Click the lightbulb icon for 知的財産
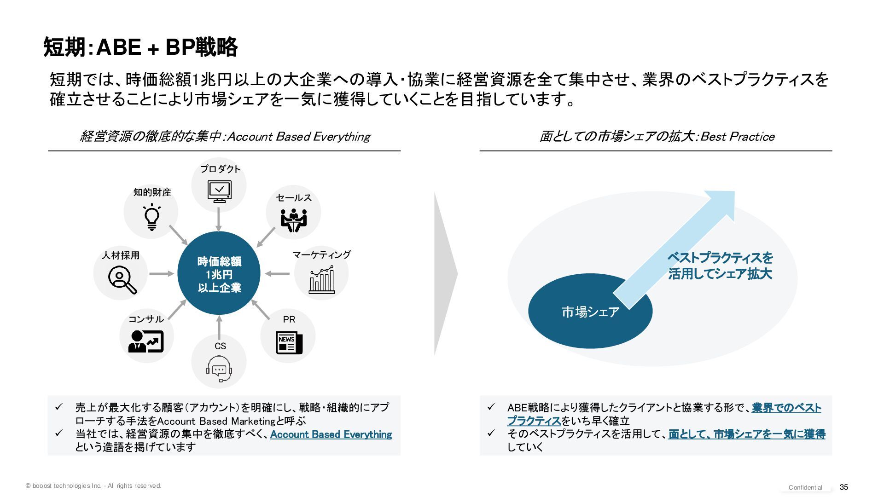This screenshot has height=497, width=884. point(151,217)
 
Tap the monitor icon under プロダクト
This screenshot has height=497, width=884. point(219,191)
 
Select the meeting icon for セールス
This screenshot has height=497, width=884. point(293,220)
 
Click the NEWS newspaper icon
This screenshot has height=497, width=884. point(289,342)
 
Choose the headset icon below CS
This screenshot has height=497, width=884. point(219,369)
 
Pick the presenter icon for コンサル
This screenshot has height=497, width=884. point(145,341)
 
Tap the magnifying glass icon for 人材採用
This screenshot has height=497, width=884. point(122,280)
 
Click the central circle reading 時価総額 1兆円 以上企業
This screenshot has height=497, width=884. point(219,274)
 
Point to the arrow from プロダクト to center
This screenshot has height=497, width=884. point(219,219)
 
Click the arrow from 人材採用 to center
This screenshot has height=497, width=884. point(162,274)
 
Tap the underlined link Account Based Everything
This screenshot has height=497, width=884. point(331,434)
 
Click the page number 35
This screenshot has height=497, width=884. point(844,487)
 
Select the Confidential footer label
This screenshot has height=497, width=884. point(805,487)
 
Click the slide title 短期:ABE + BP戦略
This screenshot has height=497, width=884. point(140,47)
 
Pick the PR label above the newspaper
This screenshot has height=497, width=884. point(289,319)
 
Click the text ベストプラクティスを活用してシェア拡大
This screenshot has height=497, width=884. point(720,266)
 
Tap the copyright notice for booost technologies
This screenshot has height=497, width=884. point(93,486)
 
